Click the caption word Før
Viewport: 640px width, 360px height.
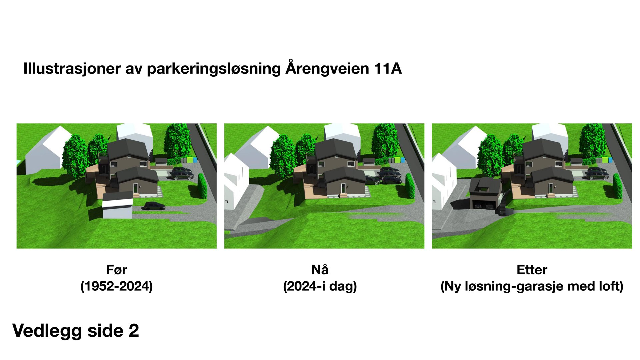click(x=116, y=270)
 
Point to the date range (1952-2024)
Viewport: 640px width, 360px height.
click(x=116, y=286)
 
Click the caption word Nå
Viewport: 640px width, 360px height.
click(x=320, y=270)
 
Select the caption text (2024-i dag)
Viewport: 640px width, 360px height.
click(x=320, y=286)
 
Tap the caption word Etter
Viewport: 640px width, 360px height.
click(x=532, y=270)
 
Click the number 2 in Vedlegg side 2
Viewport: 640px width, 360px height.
click(x=133, y=331)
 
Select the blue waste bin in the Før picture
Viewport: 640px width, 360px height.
click(x=195, y=160)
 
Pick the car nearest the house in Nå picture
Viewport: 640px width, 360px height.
click(x=372, y=180)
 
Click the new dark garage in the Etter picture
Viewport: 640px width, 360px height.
click(x=484, y=195)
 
